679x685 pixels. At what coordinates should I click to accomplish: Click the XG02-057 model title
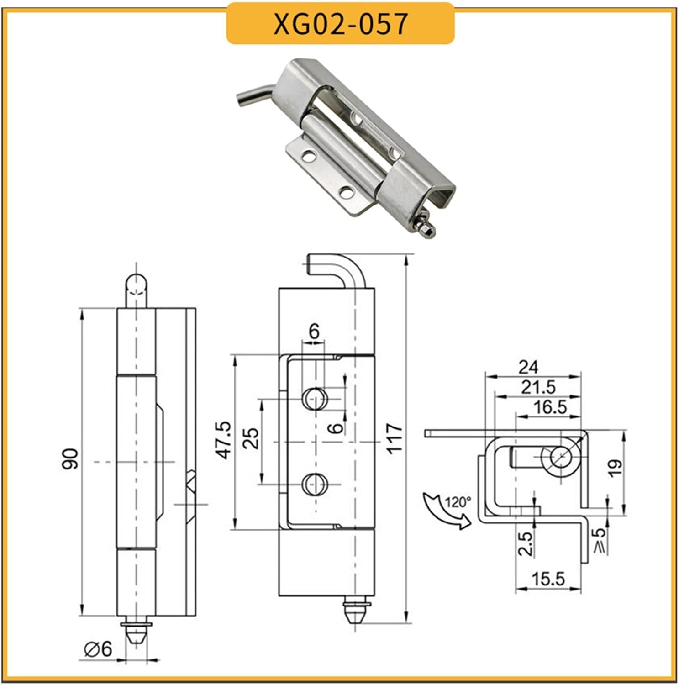(x=340, y=24)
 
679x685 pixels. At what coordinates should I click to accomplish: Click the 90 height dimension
(x=70, y=458)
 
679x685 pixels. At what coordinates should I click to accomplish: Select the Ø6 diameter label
(x=98, y=648)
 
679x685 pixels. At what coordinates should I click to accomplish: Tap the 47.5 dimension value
(x=224, y=440)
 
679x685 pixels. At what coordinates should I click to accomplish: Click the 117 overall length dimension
(x=394, y=438)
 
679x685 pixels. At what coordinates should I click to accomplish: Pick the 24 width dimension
(x=528, y=367)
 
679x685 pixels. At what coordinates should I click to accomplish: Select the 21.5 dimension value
(x=538, y=387)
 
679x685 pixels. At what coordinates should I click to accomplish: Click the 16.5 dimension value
(x=550, y=406)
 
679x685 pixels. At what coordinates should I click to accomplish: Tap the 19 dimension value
(x=615, y=469)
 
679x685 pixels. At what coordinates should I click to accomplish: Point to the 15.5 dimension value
(x=548, y=579)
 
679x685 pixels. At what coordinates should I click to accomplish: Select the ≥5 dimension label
(x=600, y=540)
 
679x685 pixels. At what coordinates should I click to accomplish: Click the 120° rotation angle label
(x=458, y=502)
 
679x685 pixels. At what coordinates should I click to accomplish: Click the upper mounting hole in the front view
(x=315, y=398)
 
